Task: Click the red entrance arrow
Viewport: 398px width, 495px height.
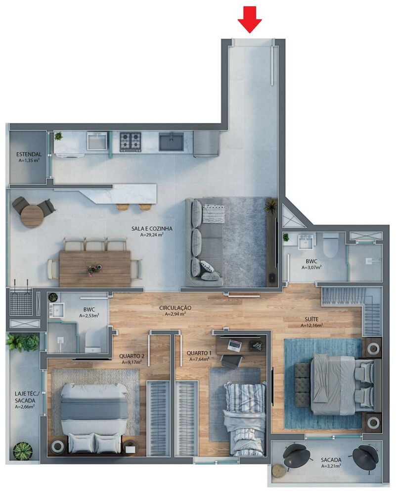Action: tap(250, 21)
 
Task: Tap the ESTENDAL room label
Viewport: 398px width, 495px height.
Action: tap(29, 154)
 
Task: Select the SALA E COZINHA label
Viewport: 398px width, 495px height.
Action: tap(152, 228)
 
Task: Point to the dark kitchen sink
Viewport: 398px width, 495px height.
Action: tap(171, 142)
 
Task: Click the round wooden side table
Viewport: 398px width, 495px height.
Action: tap(33, 216)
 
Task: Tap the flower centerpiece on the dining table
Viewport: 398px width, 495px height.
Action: tap(93, 268)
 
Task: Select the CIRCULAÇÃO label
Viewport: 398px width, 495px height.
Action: tap(175, 307)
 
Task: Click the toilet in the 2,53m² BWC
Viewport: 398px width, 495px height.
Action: tap(93, 342)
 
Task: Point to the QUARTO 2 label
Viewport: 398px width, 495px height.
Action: tap(132, 355)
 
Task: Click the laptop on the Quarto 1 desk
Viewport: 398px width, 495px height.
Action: tap(235, 345)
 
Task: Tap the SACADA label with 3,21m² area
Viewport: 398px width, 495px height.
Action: tap(331, 459)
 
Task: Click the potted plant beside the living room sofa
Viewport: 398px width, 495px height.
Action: tap(271, 206)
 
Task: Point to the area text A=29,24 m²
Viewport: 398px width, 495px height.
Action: tap(152, 235)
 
